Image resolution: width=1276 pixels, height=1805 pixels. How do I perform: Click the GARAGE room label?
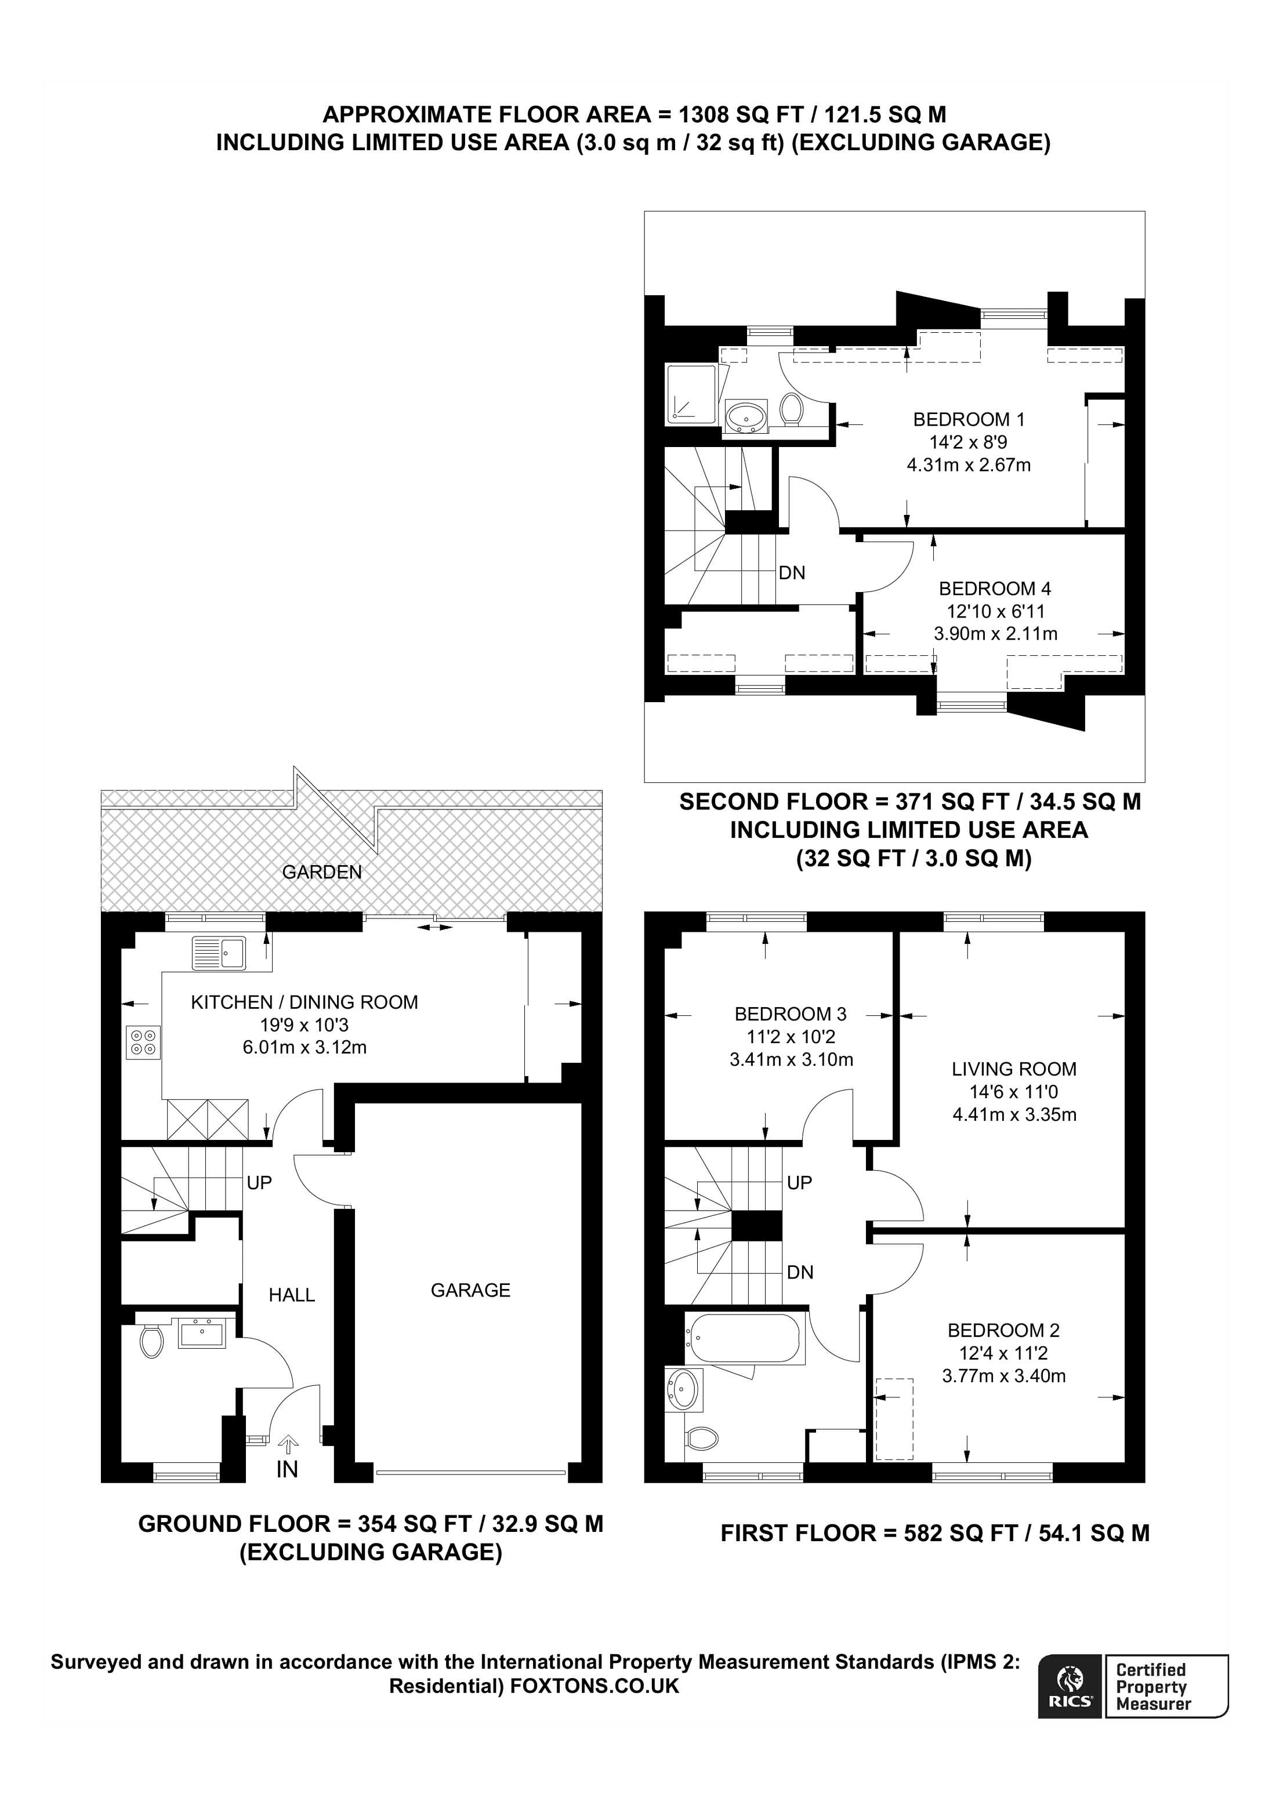(x=470, y=1290)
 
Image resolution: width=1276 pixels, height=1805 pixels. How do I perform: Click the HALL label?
(x=292, y=1295)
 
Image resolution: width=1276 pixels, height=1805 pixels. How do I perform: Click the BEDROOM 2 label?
(x=1003, y=1330)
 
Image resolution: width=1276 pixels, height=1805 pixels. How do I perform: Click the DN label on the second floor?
(x=792, y=573)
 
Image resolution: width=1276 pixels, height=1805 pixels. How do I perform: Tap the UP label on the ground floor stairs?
(x=259, y=1182)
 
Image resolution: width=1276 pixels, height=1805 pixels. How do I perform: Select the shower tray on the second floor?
(x=690, y=394)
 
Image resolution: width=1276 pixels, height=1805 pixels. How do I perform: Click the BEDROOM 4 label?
(x=995, y=588)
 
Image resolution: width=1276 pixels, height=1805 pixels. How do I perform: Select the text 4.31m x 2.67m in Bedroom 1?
(x=969, y=464)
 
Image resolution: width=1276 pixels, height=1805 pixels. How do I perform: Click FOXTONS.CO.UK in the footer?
(x=594, y=1686)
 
